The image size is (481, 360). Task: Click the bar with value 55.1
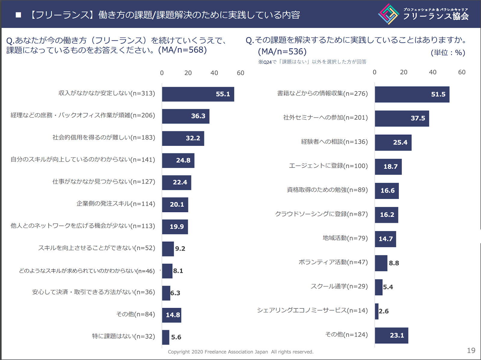[198, 94]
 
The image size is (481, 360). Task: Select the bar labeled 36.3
[185, 116]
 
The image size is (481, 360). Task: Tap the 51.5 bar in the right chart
[412, 94]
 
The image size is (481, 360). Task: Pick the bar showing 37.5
[402, 118]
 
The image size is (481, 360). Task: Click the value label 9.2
[180, 249]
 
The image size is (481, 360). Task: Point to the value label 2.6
[384, 311]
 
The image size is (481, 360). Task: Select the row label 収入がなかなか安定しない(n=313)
[107, 93]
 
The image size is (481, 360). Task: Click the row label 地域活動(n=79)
[345, 238]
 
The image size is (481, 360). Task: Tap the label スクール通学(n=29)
[339, 286]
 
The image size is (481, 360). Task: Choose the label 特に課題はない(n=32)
[124, 336]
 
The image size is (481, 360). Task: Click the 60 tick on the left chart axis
[240, 73]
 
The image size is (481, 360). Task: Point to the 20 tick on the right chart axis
[403, 72]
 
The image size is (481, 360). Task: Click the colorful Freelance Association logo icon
[389, 14]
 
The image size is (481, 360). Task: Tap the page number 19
[471, 351]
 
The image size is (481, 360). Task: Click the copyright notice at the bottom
[240, 352]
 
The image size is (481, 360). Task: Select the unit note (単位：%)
[448, 53]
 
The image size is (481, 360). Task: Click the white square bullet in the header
[18, 15]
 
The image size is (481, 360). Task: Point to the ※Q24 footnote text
[312, 62]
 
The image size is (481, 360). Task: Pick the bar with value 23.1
[391, 335]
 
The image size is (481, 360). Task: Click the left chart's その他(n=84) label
[136, 314]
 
